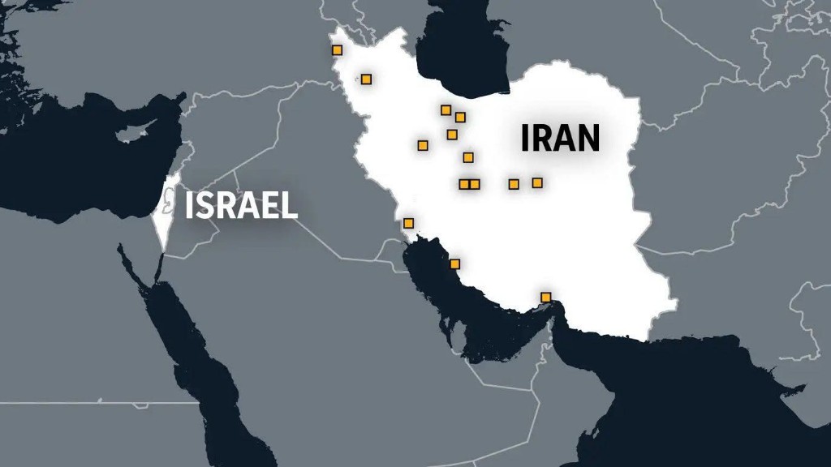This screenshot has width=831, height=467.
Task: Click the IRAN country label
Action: (x=560, y=138)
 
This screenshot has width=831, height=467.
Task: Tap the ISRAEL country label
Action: (x=241, y=206)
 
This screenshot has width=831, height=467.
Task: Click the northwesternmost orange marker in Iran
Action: (x=338, y=50)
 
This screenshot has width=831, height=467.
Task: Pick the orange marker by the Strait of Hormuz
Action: (x=546, y=296)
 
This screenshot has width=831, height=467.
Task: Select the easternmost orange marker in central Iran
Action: (x=537, y=182)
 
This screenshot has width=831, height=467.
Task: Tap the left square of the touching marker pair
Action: (x=463, y=184)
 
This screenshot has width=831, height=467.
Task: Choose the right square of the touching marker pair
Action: (x=475, y=184)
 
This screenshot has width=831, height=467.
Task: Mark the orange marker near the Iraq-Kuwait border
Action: (x=408, y=223)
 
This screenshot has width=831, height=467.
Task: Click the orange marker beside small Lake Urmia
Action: (x=366, y=79)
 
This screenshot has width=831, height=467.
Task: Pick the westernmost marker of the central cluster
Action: (x=423, y=145)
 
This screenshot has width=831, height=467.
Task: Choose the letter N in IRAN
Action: (x=585, y=138)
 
